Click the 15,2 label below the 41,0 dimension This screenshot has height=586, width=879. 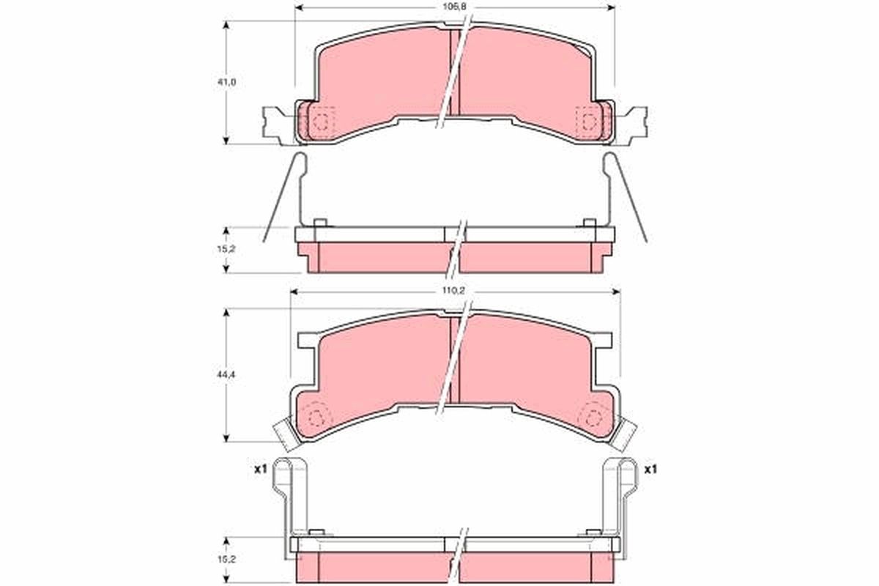(230, 248)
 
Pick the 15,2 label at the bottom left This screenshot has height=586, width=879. (230, 557)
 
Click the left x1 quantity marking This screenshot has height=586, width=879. (259, 470)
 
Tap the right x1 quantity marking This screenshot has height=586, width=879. (650, 470)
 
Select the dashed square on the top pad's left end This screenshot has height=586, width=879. (322, 121)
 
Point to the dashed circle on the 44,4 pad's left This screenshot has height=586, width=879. (316, 418)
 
